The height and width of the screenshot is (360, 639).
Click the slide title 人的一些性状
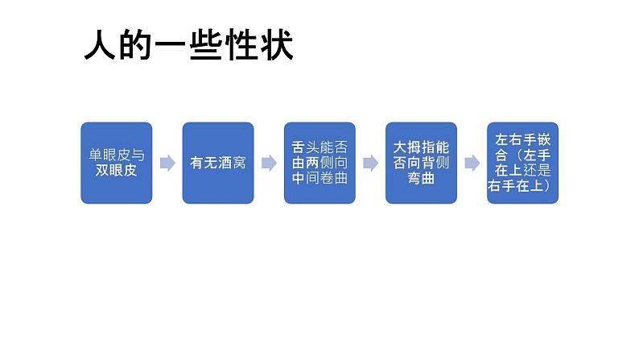188,46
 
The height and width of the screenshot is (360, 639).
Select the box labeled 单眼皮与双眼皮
116,163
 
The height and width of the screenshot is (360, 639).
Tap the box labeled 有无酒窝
217,163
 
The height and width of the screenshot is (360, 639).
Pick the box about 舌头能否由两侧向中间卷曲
319,163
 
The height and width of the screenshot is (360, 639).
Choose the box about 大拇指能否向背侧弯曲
421,163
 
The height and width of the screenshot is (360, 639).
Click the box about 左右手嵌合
522,163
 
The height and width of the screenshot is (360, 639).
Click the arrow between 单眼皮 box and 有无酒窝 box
167,163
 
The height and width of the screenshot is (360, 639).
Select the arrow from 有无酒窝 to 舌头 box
269,163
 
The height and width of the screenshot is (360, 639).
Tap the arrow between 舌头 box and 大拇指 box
370,163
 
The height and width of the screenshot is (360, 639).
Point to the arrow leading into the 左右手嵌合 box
472,163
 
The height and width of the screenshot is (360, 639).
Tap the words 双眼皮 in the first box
116,171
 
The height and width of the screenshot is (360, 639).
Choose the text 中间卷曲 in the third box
319,178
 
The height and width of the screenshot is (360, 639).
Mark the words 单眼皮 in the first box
109,155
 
